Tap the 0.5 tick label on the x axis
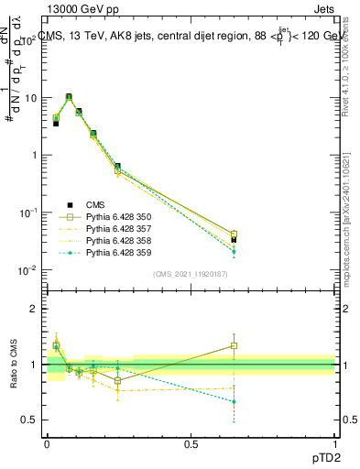pos(191,442)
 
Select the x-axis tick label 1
pos(334,442)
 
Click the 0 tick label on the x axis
pos(47,442)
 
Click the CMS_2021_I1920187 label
pos(191,274)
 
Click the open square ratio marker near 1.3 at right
pos(235,345)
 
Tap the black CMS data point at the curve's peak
pos(69,97)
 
